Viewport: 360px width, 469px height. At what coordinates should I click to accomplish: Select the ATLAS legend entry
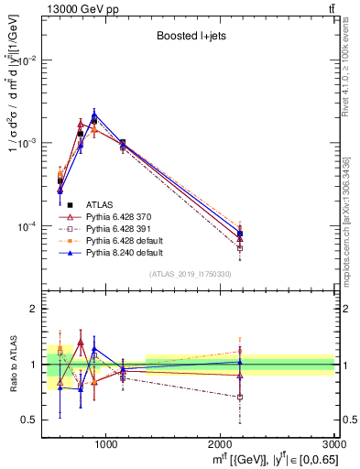[x=100, y=204]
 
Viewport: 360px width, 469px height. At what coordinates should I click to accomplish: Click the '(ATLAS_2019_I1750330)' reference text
[x=190, y=274]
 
